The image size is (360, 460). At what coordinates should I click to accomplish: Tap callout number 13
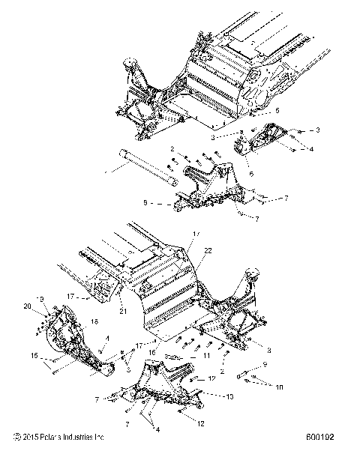pyautogui.click(x=229, y=396)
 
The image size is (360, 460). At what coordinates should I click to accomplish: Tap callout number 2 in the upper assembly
pyautogui.click(x=172, y=148)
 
